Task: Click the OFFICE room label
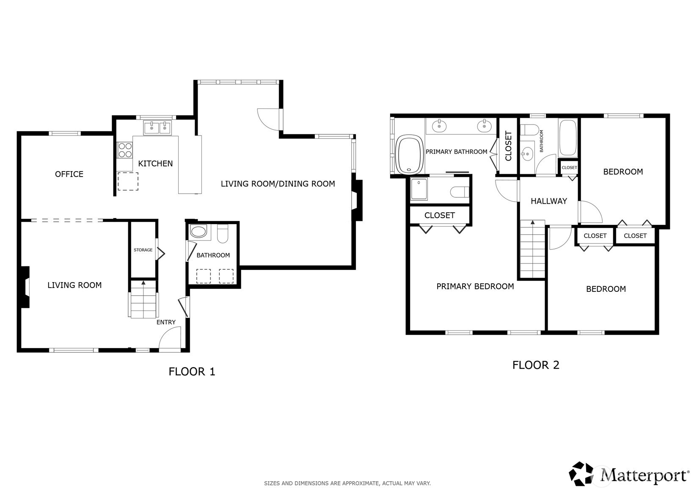(69, 174)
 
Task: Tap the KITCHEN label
(155, 163)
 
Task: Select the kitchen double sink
(157, 127)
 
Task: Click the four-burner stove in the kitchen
(125, 150)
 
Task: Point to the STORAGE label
(143, 250)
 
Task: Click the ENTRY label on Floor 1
(166, 322)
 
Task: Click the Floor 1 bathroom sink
(198, 232)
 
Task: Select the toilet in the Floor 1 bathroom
(223, 233)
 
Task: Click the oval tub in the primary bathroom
(409, 155)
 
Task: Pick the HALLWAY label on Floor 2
(548, 201)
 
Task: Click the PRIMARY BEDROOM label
(475, 287)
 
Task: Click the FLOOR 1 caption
(192, 372)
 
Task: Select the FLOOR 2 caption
(535, 365)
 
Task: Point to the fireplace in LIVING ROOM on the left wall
(25, 287)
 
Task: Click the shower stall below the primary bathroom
(419, 189)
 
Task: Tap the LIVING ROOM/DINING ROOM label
(278, 184)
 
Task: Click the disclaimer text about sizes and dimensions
(347, 483)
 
